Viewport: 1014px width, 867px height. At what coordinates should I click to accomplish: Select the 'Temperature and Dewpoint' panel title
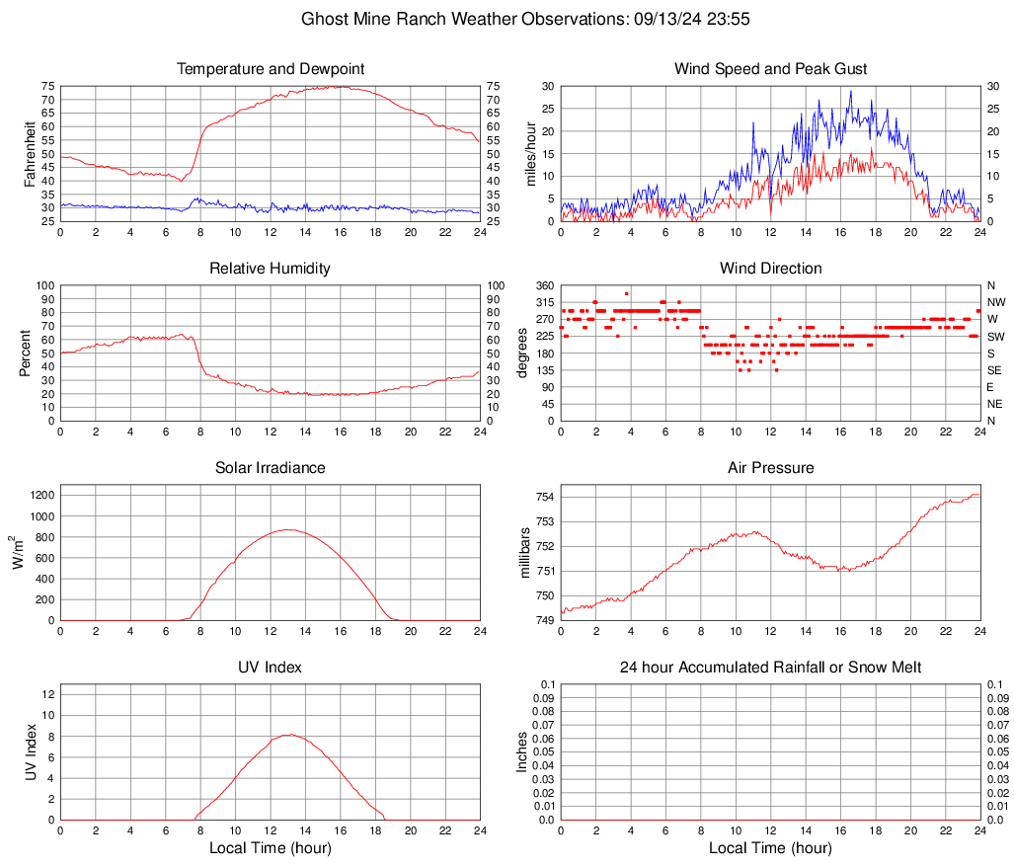click(x=271, y=69)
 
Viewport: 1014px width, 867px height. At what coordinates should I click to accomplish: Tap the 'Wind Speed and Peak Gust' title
click(x=771, y=69)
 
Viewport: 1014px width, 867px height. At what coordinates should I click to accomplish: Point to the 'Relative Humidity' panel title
click(x=271, y=269)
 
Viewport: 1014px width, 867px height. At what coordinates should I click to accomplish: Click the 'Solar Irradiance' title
click(x=271, y=468)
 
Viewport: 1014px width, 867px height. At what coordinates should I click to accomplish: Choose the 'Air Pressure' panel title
click(x=771, y=468)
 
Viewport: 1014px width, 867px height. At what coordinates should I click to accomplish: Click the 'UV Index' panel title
click(x=271, y=668)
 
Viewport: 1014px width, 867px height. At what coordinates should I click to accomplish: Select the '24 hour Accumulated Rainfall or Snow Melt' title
click(x=771, y=668)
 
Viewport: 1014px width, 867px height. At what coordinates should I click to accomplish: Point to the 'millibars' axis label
click(x=524, y=553)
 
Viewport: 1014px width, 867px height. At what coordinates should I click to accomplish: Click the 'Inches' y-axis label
click(x=522, y=751)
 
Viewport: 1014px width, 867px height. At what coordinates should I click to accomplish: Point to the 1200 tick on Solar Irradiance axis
click(x=40, y=491)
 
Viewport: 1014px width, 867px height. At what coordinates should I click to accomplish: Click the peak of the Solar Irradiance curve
click(x=287, y=529)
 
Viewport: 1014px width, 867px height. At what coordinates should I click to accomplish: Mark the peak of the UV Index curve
click(x=287, y=735)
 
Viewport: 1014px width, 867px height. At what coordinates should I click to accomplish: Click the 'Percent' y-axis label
click(x=26, y=353)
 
